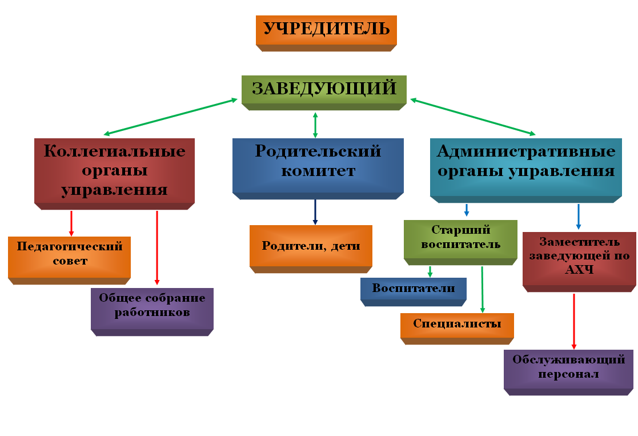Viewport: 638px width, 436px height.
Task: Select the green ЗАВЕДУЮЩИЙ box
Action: [324, 89]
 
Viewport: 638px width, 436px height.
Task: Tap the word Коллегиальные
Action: [115, 151]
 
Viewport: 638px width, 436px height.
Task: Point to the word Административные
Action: [525, 151]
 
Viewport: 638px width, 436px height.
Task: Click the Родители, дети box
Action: [311, 246]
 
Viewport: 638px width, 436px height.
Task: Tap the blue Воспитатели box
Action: [414, 289]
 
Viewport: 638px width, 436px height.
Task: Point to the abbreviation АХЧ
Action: [579, 270]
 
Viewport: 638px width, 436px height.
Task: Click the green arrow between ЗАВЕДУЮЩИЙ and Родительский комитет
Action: [315, 125]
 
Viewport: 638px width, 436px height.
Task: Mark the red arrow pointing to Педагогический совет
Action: [71, 223]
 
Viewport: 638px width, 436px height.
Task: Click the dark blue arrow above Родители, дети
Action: [315, 212]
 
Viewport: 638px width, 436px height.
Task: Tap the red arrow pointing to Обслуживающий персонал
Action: [574, 320]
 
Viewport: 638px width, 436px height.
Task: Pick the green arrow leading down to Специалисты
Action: [482, 289]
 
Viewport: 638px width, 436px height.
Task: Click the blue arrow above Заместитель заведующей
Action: [579, 217]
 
